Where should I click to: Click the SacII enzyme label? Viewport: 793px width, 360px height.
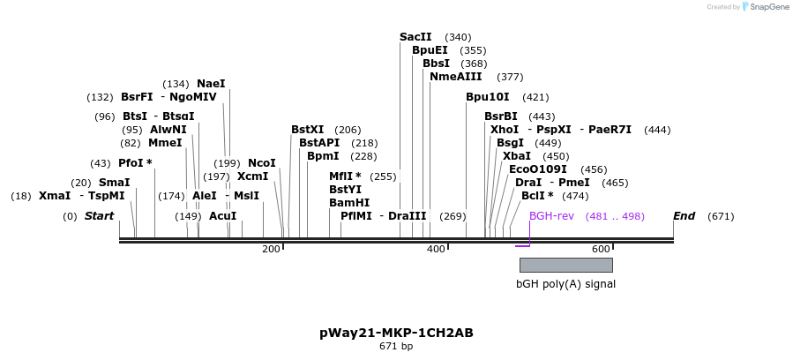pos(415,37)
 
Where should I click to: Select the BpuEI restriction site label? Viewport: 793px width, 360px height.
pos(430,50)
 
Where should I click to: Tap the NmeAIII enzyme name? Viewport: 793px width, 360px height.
pos(455,77)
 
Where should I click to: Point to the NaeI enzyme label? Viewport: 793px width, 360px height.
pos(211,84)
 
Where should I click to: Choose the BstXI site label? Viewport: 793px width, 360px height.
pos(307,130)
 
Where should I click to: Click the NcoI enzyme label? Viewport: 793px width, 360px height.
pos(262,163)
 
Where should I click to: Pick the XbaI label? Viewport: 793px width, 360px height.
pos(517,156)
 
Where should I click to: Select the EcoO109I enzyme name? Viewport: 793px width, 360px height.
pos(538,169)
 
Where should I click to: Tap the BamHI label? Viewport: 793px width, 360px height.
pos(348,203)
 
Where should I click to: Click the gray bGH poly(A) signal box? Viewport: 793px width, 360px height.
pos(565,265)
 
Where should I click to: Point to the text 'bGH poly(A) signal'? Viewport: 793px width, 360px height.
pos(565,284)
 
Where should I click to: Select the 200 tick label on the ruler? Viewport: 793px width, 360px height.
pos(271,250)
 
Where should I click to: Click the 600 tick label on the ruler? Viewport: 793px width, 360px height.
pos(601,250)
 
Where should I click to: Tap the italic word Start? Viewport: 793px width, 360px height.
pos(100,216)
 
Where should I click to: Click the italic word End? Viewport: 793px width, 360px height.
pos(685,216)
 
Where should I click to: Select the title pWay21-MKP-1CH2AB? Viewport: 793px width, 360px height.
pos(396,334)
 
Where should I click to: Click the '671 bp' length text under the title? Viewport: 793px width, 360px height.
pos(396,347)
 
